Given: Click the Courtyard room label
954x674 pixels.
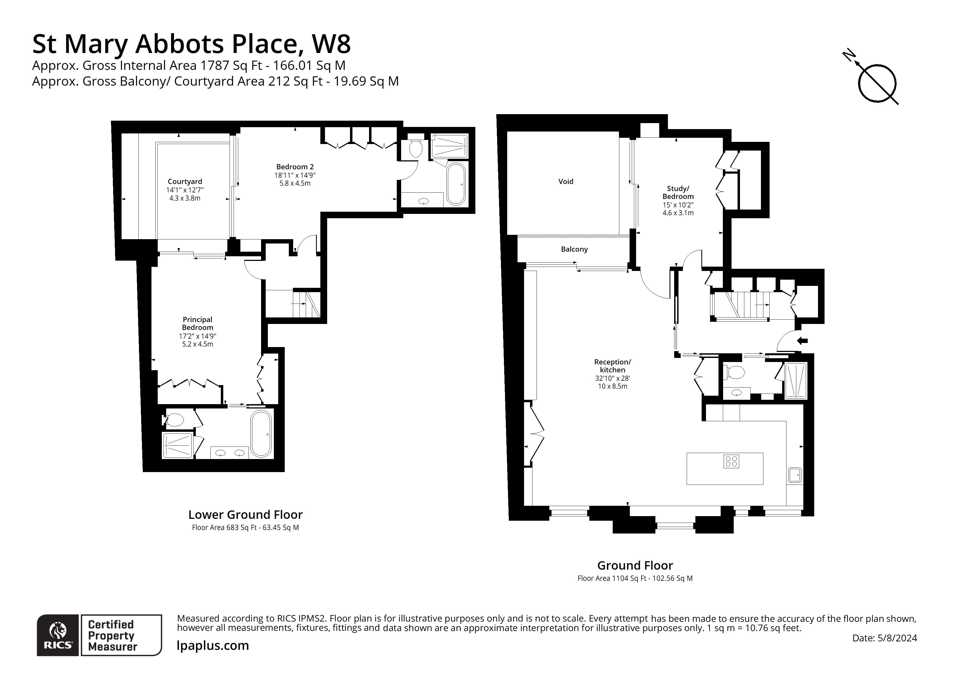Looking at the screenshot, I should click(x=185, y=182).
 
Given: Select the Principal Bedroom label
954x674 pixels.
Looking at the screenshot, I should click(x=197, y=323).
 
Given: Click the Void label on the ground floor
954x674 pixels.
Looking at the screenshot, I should click(x=565, y=182).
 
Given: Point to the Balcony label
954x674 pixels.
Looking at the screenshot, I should click(x=574, y=249).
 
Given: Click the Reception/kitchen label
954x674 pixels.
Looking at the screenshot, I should click(x=612, y=366).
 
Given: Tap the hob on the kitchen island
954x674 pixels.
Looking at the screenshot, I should click(x=731, y=461).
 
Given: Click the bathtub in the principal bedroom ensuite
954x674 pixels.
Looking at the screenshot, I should click(x=261, y=434).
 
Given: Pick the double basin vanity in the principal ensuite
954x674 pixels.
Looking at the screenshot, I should click(x=230, y=453).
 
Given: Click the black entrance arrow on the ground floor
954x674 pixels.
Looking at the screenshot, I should click(x=802, y=341).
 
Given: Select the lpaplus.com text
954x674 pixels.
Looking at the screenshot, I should click(x=213, y=645).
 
